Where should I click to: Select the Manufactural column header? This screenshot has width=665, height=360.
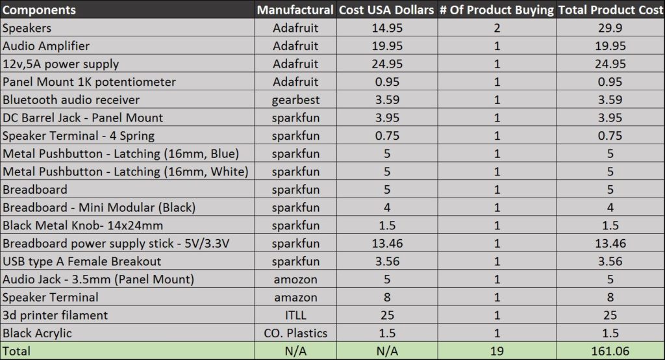[295, 10]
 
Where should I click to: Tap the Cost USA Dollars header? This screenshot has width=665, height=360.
[387, 10]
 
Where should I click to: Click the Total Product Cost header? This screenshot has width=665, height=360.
[610, 10]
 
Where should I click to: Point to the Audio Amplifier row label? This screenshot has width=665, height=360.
[46, 46]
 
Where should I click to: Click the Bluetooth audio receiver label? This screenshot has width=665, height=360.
[71, 100]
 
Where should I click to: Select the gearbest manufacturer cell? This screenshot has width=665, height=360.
[295, 100]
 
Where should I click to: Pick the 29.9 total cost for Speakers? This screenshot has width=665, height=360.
[610, 29]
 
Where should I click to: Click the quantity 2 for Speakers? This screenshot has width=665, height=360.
[496, 29]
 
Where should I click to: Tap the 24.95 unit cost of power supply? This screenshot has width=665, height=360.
[387, 64]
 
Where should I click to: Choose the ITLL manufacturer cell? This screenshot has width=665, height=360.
[295, 315]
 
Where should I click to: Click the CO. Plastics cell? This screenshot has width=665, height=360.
[295, 333]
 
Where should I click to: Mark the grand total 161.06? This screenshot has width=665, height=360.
[610, 352]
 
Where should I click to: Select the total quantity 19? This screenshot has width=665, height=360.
[496, 352]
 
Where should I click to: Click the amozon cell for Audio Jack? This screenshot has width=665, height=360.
[295, 279]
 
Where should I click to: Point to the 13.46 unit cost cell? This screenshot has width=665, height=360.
[387, 244]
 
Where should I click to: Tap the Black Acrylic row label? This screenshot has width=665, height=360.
[37, 333]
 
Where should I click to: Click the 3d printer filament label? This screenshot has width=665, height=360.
[55, 315]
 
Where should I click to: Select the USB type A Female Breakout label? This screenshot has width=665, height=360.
[82, 261]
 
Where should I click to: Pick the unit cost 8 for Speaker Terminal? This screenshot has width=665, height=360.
[387, 298]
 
